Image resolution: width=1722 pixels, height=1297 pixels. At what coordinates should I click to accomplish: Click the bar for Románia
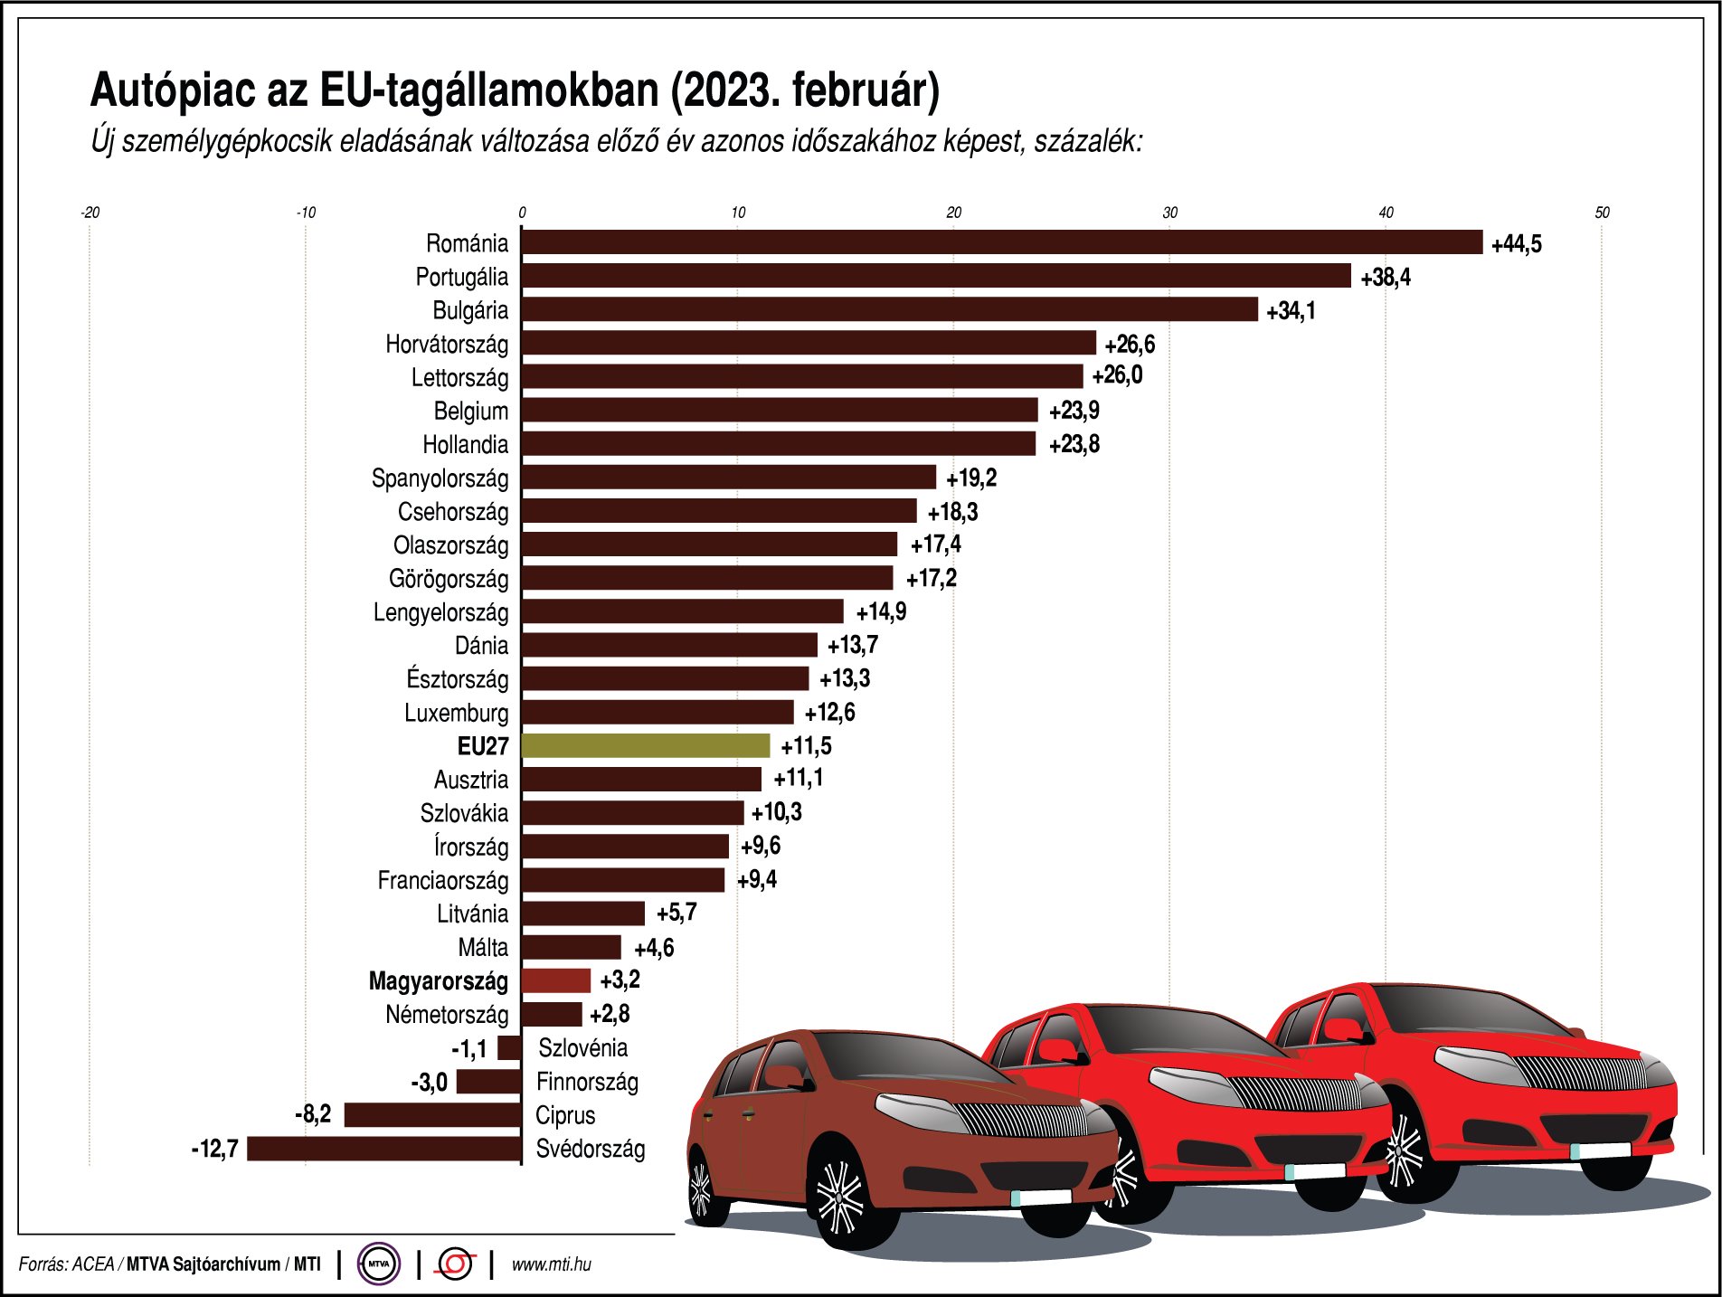(1002, 242)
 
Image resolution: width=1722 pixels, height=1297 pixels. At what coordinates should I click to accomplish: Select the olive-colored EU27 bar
(646, 746)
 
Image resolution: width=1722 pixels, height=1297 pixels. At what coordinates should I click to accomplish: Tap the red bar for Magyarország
(556, 980)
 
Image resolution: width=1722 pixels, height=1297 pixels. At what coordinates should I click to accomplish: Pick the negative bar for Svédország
(384, 1149)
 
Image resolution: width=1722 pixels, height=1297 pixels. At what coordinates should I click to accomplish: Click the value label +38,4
(1385, 278)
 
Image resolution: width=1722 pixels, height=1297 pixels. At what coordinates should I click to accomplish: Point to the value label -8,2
(313, 1114)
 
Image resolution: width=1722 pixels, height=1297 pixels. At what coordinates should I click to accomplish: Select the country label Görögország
(449, 579)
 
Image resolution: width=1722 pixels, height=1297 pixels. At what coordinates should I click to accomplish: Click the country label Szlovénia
(582, 1048)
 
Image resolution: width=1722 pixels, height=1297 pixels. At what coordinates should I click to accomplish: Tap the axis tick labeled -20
(90, 213)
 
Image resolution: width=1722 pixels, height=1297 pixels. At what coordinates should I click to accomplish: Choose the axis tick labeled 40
(1386, 213)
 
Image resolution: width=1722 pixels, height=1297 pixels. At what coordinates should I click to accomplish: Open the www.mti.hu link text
(551, 1264)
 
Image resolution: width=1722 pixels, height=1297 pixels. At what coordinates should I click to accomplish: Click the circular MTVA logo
(378, 1264)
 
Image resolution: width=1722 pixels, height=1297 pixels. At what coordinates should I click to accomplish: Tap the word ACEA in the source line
(92, 1264)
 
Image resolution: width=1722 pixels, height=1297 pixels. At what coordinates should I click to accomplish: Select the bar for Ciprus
(432, 1115)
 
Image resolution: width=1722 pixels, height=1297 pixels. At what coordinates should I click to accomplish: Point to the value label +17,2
(931, 579)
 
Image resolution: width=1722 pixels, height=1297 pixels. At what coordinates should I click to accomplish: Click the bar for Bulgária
(889, 310)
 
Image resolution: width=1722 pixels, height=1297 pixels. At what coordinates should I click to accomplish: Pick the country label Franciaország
(443, 881)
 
